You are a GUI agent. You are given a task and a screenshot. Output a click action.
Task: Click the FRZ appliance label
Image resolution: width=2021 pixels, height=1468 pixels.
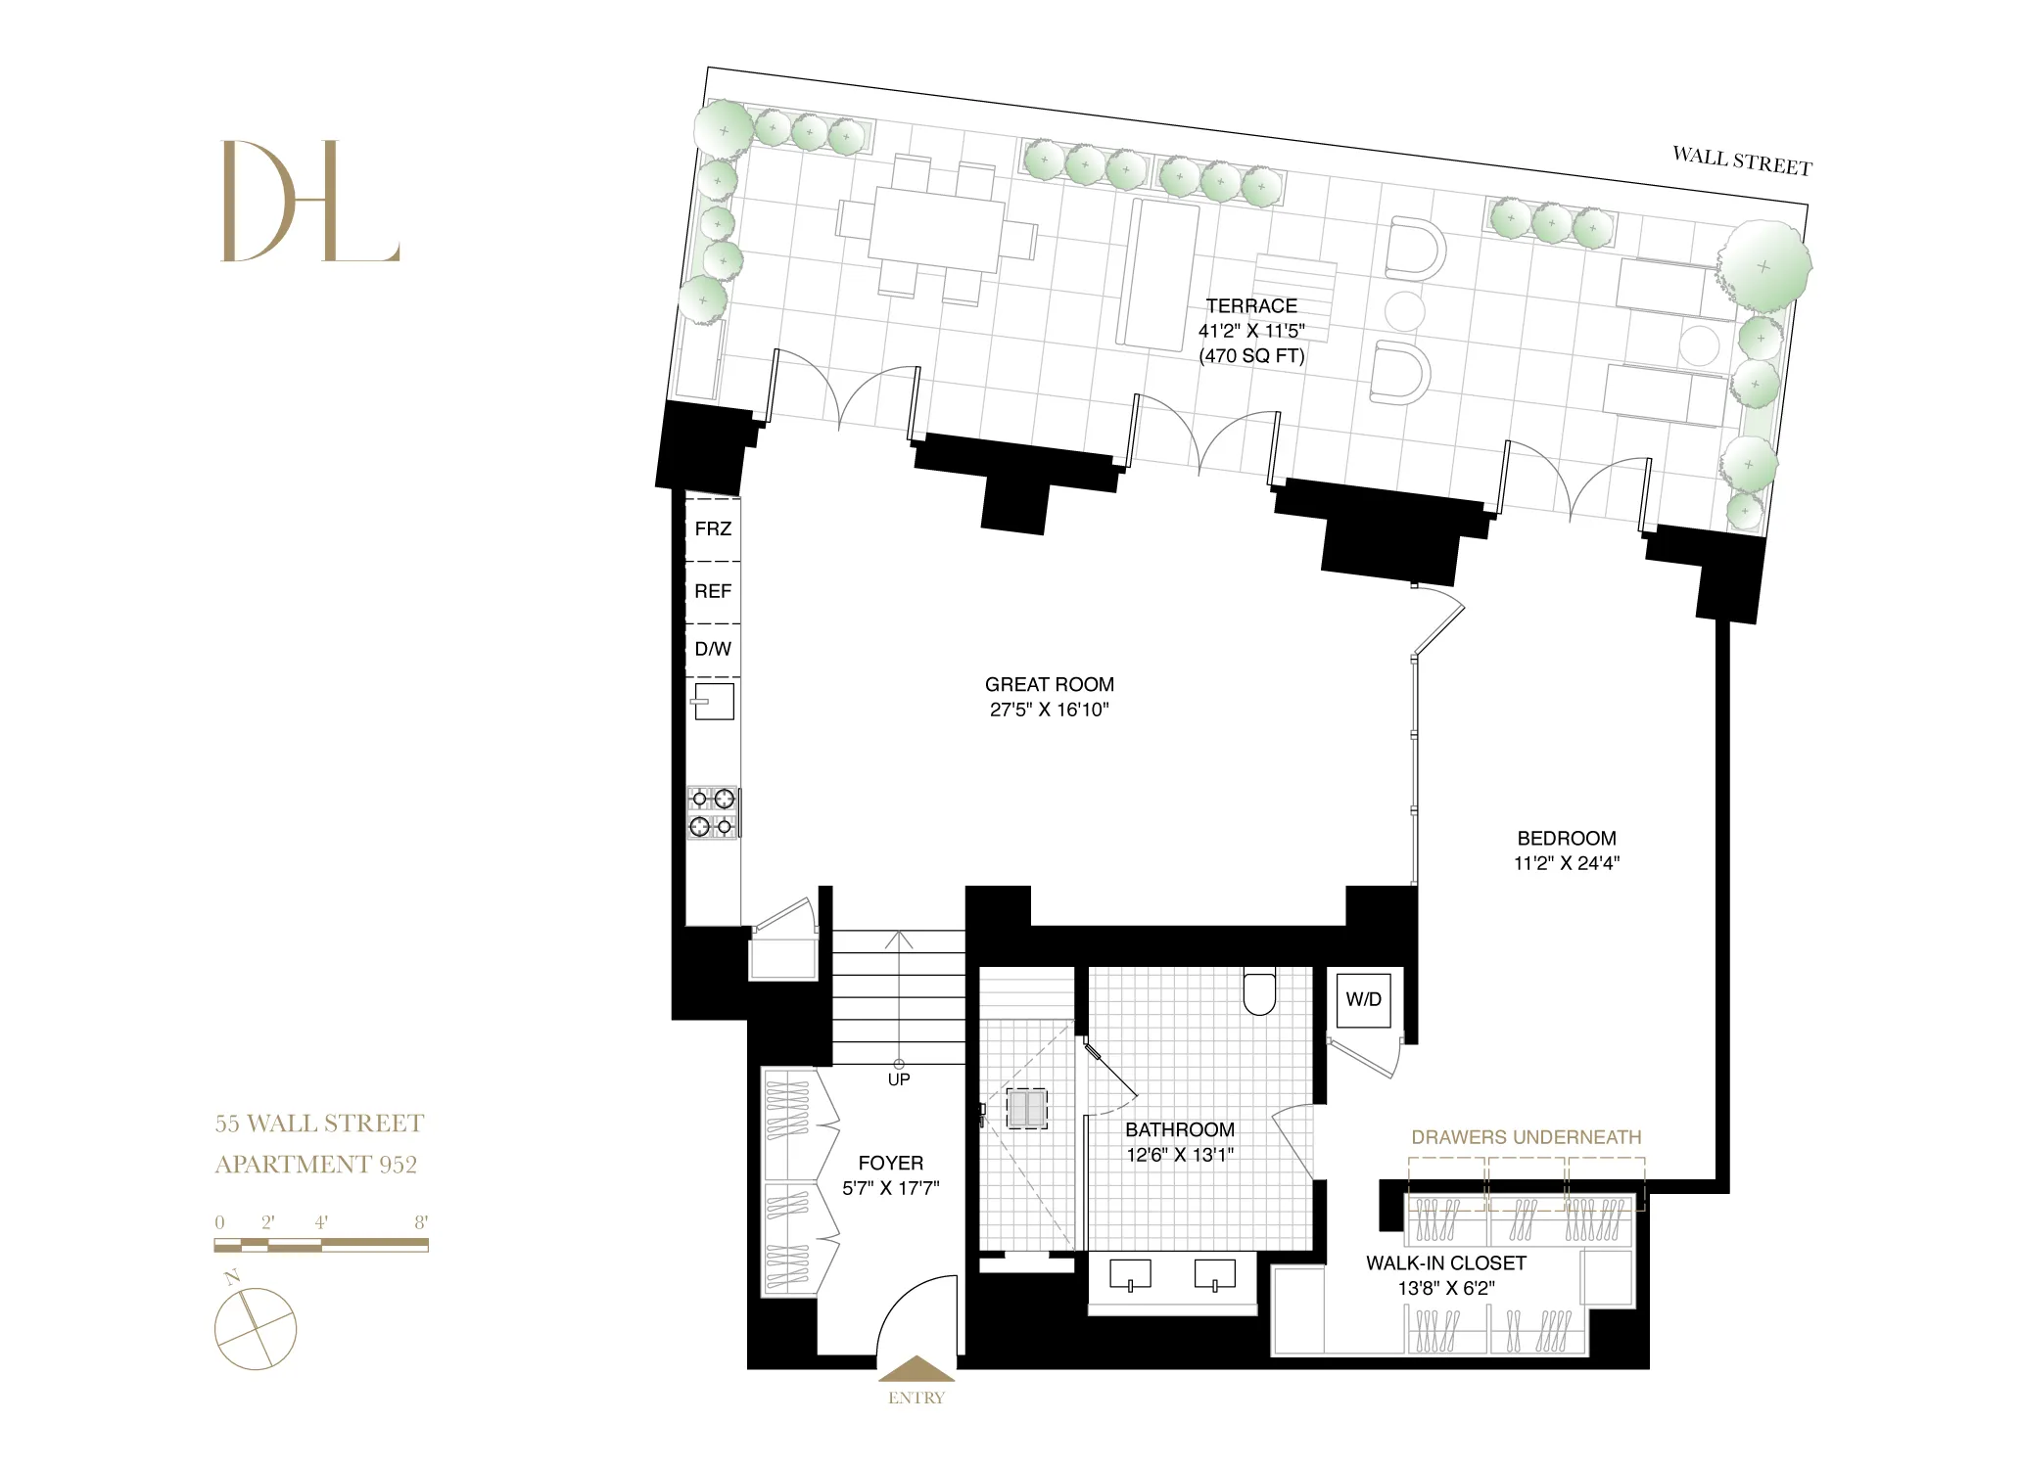point(713,528)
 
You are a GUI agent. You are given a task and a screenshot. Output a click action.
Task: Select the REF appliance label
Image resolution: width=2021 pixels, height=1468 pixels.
point(713,591)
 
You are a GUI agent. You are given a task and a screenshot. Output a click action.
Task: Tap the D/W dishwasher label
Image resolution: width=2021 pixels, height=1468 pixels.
point(713,649)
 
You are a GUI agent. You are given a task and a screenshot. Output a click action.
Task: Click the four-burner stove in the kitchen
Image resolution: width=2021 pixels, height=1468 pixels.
point(713,812)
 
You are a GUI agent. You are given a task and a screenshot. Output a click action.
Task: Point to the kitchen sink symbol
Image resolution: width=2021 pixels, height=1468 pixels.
point(714,701)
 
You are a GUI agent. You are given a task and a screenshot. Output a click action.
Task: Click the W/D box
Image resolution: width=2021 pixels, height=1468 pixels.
point(1363,999)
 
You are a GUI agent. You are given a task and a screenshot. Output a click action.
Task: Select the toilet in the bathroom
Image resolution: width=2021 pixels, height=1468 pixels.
point(1259,992)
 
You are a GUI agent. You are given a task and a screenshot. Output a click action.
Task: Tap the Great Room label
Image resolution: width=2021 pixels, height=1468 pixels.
point(1049,684)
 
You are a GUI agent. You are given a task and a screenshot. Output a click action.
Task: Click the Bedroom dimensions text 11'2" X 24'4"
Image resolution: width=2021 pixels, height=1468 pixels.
point(1567,863)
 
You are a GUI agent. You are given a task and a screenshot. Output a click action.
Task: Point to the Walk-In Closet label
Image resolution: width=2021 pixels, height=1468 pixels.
point(1445,1262)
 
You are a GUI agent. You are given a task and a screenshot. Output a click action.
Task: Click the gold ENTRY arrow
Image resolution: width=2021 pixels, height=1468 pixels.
point(916,1368)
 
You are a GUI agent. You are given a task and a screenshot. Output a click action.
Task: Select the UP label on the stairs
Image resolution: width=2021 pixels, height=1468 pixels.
point(898,1079)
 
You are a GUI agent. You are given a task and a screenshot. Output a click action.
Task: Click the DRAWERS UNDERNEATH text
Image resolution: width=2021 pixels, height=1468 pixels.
point(1526,1137)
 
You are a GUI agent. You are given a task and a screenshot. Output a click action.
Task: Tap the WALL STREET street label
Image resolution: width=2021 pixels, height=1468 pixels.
point(1741,161)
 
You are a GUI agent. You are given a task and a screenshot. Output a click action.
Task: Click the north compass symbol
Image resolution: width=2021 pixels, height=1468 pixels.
point(255,1327)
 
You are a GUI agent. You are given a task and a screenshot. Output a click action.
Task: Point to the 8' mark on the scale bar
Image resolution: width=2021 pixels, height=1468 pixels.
point(421,1222)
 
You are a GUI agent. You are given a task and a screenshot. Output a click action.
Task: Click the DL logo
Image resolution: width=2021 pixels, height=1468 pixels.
point(310,202)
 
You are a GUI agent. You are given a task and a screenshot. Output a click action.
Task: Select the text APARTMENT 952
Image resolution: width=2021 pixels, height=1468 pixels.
point(316,1164)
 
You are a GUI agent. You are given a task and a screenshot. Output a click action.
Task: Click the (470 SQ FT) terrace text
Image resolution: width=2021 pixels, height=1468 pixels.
point(1251,356)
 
